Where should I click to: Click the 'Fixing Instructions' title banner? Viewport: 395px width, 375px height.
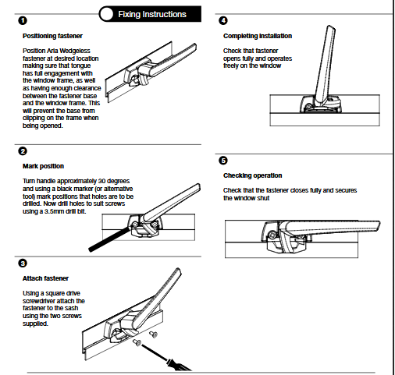coord(150,14)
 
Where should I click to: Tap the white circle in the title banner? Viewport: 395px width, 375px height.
coord(106,14)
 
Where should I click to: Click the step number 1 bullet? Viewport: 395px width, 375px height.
coord(23,20)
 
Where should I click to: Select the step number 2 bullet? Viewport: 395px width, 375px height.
coord(23,151)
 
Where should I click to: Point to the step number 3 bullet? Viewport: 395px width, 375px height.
coord(23,264)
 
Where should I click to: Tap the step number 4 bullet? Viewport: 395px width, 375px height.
coord(223,20)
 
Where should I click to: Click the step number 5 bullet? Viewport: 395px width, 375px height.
coord(223,161)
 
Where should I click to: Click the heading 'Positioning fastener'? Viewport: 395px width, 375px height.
coord(52,36)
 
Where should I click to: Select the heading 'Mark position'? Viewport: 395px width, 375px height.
coord(43,166)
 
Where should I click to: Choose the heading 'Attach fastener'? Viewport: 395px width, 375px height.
coord(45,278)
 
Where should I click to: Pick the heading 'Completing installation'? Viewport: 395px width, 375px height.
coord(258,36)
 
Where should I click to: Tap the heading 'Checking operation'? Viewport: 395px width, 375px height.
coord(253,175)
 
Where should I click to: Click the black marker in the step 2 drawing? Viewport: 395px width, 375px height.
coord(109,239)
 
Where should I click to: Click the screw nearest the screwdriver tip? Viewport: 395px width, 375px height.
coord(137,342)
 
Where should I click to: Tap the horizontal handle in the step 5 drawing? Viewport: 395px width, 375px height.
coord(329,226)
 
